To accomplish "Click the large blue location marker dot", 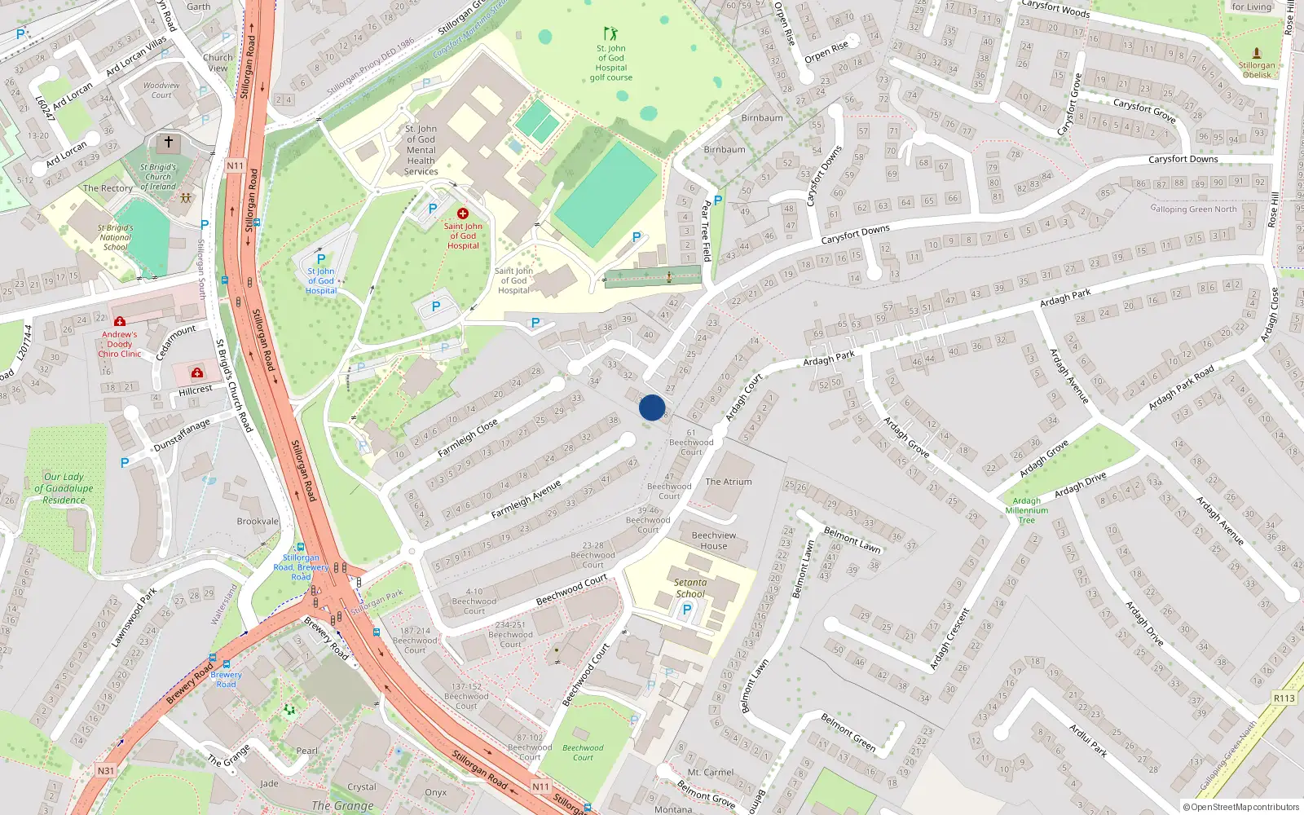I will [x=652, y=407].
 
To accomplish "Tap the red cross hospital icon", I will [x=463, y=214].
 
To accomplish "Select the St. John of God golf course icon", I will [x=610, y=33].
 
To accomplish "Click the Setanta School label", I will [x=690, y=588].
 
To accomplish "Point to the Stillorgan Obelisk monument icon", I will [x=1256, y=53].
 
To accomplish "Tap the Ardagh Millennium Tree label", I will [x=1027, y=511].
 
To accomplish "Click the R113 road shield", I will [x=1284, y=698].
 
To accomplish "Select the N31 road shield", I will [x=106, y=770].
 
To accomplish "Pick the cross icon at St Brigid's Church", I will [x=169, y=142].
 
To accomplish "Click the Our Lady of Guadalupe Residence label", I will [x=64, y=488].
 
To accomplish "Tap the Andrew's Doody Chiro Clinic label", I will [x=120, y=344].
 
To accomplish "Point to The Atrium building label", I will [x=729, y=482].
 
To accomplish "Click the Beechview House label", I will [x=714, y=540].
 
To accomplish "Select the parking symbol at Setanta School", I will [x=687, y=610].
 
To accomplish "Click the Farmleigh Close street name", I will [x=468, y=438].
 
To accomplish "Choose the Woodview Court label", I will [x=161, y=90].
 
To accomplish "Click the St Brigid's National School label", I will [x=115, y=237].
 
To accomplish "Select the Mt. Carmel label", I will [x=711, y=772].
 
